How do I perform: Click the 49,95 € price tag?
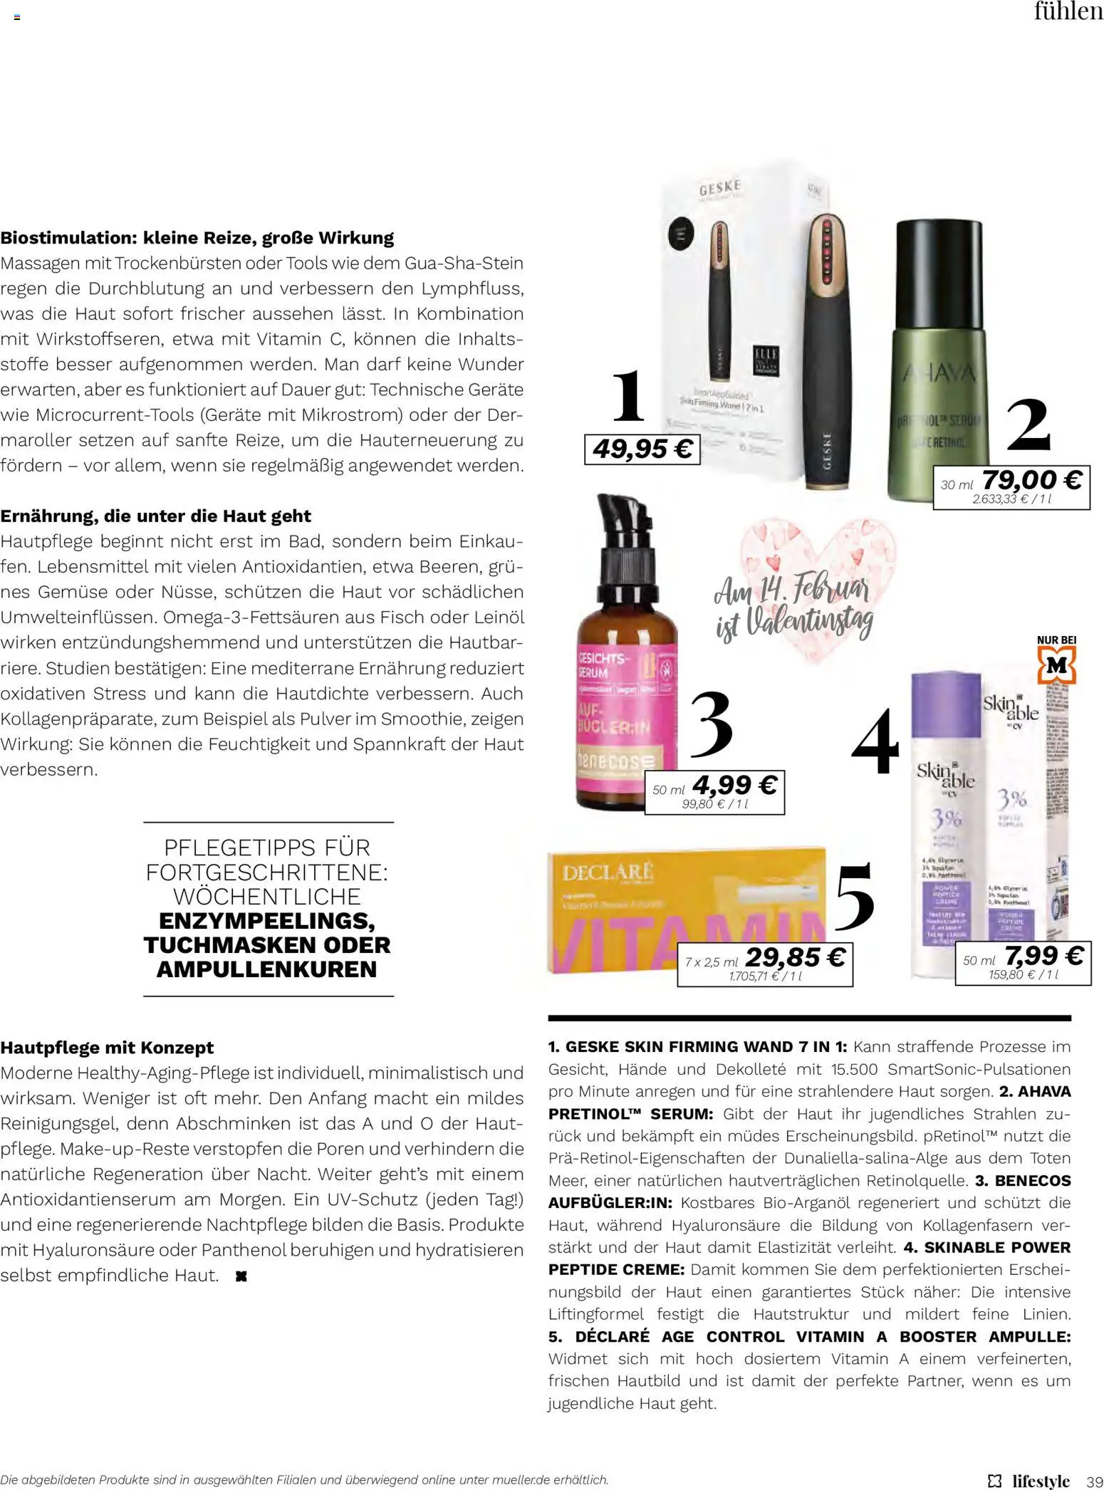pyautogui.click(x=642, y=449)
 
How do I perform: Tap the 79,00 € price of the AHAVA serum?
pyautogui.click(x=1031, y=479)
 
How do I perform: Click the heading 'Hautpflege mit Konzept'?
pyautogui.click(x=107, y=1048)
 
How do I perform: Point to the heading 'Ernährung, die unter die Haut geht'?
pyautogui.click(x=155, y=516)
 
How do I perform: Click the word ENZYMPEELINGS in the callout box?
pyautogui.click(x=267, y=920)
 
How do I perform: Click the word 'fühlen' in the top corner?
pyautogui.click(x=1068, y=12)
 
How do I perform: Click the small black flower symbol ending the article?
pyautogui.click(x=241, y=1276)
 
